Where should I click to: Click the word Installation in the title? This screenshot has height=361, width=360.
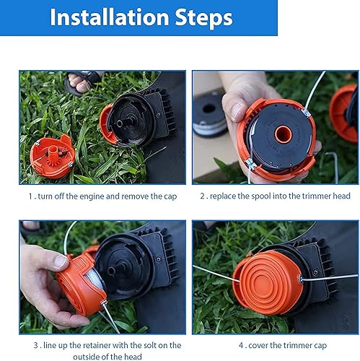tap(110, 17)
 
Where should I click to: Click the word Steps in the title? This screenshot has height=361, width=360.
tap(203, 18)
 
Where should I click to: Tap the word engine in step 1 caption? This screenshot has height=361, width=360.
tap(92, 196)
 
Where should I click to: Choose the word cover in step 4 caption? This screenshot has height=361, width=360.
tap(258, 346)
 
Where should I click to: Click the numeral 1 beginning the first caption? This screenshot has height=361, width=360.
tap(30, 196)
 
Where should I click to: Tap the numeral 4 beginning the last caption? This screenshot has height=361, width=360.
tap(241, 346)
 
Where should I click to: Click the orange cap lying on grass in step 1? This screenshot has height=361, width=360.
tap(52, 157)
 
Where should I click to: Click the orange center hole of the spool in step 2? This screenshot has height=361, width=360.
tap(284, 134)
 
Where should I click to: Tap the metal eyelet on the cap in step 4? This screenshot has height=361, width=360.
tap(300, 279)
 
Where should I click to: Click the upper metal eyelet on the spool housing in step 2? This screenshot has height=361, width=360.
tap(306, 113)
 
